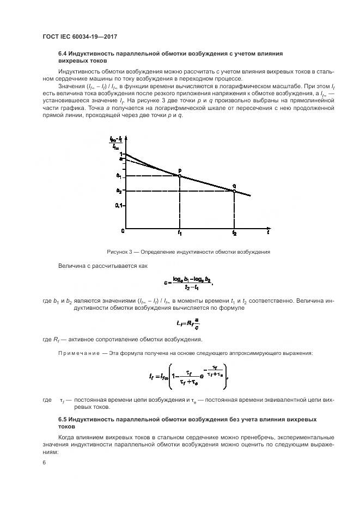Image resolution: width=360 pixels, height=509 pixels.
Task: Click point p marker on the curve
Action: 180,175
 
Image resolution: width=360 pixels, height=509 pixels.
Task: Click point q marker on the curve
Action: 234,191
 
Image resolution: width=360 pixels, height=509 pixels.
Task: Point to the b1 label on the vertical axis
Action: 119,175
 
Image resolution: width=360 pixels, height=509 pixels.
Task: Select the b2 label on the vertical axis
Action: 119,191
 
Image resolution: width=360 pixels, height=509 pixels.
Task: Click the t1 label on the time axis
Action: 180,234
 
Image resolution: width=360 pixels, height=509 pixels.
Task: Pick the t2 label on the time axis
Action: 234,234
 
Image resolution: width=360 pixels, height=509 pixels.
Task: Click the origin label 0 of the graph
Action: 123,231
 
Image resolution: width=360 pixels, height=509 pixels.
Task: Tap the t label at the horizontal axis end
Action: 268,232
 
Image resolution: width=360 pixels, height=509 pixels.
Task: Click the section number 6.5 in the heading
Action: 64,419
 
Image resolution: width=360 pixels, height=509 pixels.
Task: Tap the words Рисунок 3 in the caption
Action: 119,252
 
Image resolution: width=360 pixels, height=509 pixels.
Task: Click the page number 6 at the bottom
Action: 44,462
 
